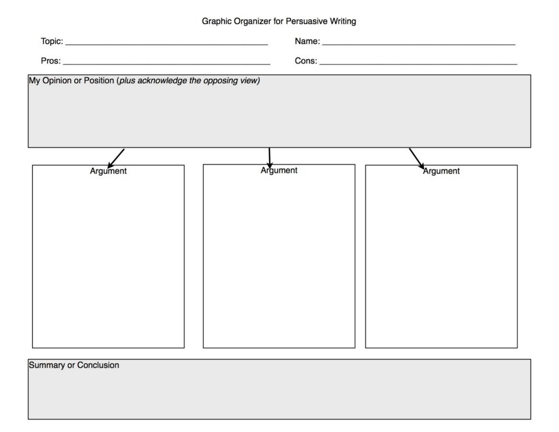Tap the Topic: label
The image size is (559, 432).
click(x=52, y=41)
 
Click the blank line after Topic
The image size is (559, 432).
click(x=166, y=43)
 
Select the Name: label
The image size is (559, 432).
click(x=307, y=41)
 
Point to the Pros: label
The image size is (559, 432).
click(x=51, y=61)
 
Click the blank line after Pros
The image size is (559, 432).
click(x=166, y=63)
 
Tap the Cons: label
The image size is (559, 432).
click(x=306, y=61)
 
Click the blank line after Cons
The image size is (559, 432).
click(x=418, y=63)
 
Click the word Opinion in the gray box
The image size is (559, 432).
click(x=56, y=81)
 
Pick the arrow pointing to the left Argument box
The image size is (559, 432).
click(x=116, y=158)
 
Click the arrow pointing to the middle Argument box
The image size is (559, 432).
click(x=270, y=158)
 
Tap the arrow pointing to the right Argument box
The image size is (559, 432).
click(x=417, y=158)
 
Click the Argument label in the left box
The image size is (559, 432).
click(x=108, y=171)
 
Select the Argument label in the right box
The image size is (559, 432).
click(x=441, y=171)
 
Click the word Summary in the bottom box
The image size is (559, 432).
click(x=46, y=365)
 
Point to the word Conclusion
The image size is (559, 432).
click(x=98, y=365)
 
